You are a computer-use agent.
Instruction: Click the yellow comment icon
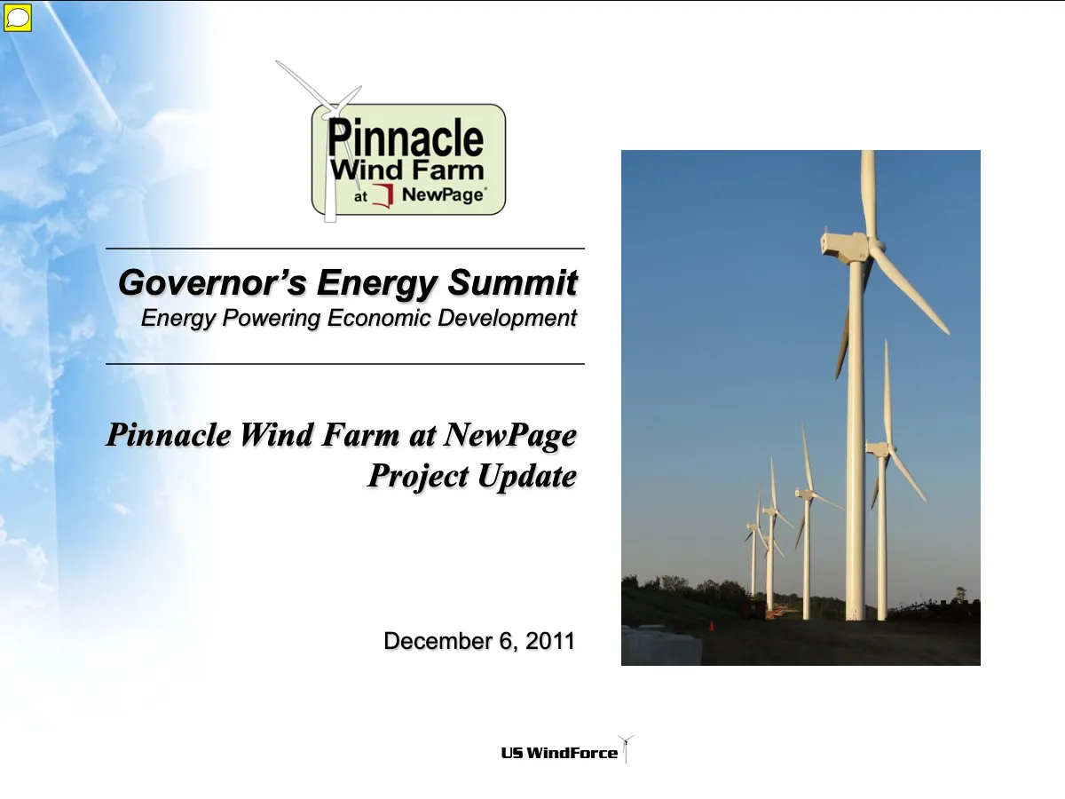[x=18, y=18]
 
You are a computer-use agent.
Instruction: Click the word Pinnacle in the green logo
[x=406, y=138]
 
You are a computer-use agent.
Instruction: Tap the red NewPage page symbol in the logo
[x=383, y=196]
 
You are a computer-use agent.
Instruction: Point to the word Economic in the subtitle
[x=379, y=318]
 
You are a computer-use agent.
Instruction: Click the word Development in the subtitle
[x=507, y=318]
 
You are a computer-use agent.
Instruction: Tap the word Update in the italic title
[x=527, y=476]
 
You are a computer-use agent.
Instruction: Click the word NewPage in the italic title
[x=510, y=435]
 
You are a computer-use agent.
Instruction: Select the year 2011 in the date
[x=550, y=641]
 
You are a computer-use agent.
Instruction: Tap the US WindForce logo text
[x=559, y=753]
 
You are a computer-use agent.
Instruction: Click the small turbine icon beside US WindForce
[x=626, y=749]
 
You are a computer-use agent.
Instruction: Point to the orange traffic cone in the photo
[x=711, y=626]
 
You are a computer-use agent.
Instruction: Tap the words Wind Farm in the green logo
[x=406, y=170]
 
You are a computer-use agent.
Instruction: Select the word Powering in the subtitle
[x=272, y=319]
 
